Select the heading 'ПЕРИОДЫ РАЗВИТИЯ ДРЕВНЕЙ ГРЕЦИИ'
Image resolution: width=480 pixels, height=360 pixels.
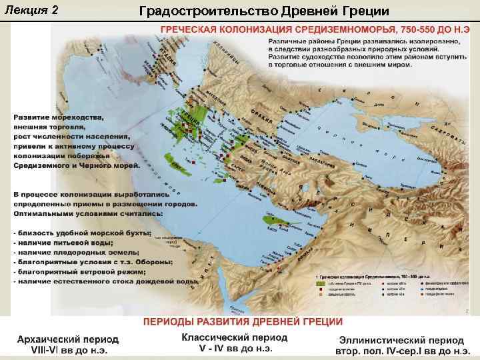[x=241, y=321]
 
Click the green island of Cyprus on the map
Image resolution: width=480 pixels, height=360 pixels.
[x=270, y=218]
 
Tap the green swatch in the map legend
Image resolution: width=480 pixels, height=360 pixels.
[x=320, y=283]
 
